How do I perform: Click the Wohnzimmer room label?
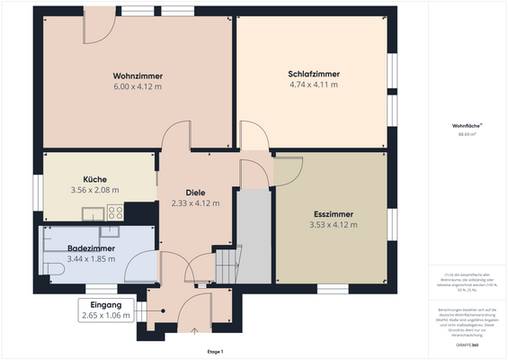(x=138, y=75)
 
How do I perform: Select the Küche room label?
(x=95, y=178)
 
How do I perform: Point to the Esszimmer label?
(x=333, y=213)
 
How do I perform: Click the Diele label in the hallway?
(x=195, y=192)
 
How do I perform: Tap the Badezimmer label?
(x=91, y=247)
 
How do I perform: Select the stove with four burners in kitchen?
(x=115, y=212)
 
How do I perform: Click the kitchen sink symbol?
(x=92, y=213)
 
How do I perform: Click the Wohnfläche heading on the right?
(x=467, y=126)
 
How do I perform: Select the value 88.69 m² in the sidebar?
(x=467, y=135)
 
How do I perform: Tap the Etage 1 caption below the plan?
(x=215, y=351)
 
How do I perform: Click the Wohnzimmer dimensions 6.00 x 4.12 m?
(x=138, y=86)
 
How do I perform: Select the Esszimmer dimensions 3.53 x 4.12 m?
(x=333, y=224)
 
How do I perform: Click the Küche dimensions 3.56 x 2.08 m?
(x=95, y=190)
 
